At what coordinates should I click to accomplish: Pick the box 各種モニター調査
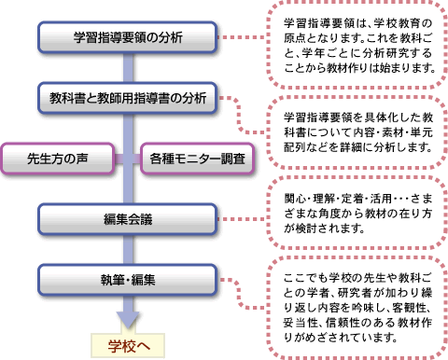196,159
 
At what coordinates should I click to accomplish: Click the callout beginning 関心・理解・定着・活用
359,214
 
